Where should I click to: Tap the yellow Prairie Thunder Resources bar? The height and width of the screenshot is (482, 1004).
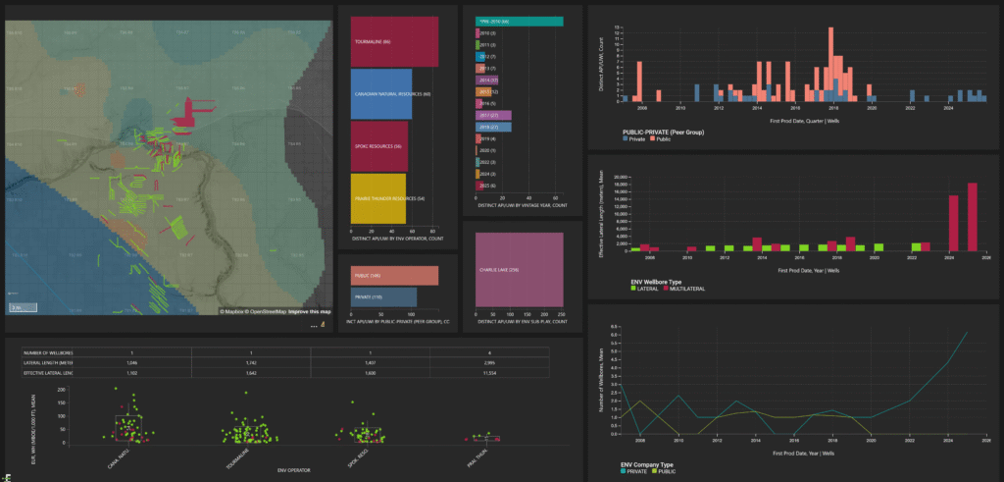pos(378,198)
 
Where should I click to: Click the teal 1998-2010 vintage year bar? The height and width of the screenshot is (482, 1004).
pos(519,20)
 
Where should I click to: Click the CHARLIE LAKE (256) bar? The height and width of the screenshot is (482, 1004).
pos(519,270)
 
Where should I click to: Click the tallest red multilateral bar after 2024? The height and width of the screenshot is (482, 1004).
pos(972,217)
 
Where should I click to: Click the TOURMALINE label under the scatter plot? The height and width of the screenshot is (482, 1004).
pos(233,455)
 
